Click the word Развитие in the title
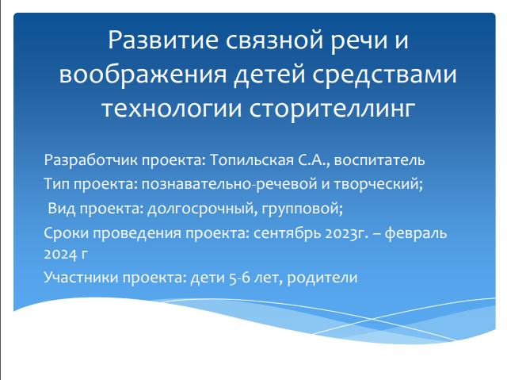(163, 40)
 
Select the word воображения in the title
(143, 75)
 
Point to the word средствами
(384, 75)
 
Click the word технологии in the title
(172, 109)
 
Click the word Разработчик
(91, 160)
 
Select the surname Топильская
(252, 160)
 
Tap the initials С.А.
(311, 160)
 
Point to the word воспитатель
(379, 160)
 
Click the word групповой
(300, 209)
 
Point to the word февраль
(416, 233)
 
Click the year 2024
(60, 255)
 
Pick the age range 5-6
(239, 278)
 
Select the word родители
(322, 278)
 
